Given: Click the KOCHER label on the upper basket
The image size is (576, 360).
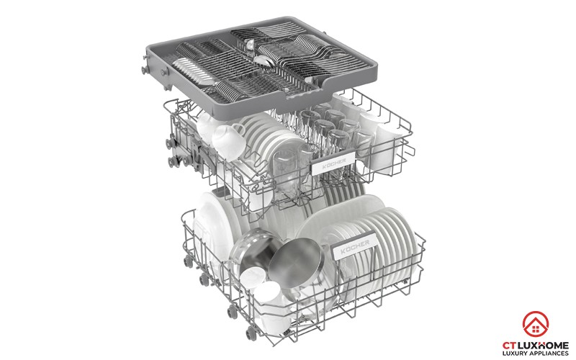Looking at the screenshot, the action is pos(333,163).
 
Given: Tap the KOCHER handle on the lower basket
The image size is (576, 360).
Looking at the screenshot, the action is pos(354,246).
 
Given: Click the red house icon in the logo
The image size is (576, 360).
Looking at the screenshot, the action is pos(535,324).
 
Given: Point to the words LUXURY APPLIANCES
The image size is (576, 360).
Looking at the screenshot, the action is pos(535,354).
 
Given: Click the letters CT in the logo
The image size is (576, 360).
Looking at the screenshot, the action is pos(509,346).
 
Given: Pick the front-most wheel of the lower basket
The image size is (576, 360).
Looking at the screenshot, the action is pos(251,333).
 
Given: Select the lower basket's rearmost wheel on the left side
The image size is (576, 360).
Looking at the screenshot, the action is pos(188,261).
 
